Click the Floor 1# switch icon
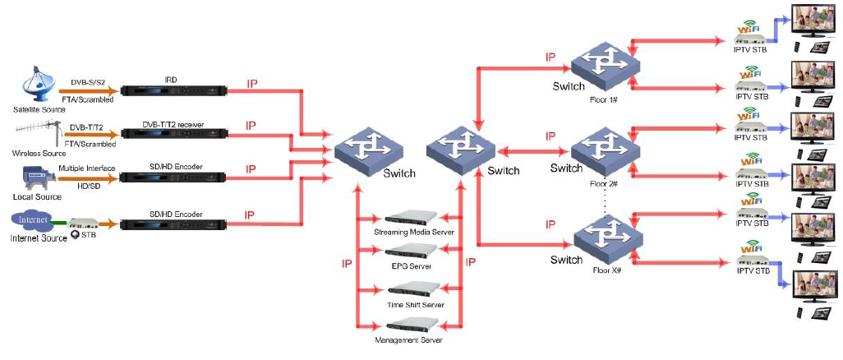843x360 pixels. [x=604, y=61]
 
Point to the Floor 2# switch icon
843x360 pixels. [x=604, y=150]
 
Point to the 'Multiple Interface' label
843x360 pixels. [x=86, y=168]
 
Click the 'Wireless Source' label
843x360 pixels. [x=39, y=154]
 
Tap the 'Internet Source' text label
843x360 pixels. [x=38, y=238]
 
